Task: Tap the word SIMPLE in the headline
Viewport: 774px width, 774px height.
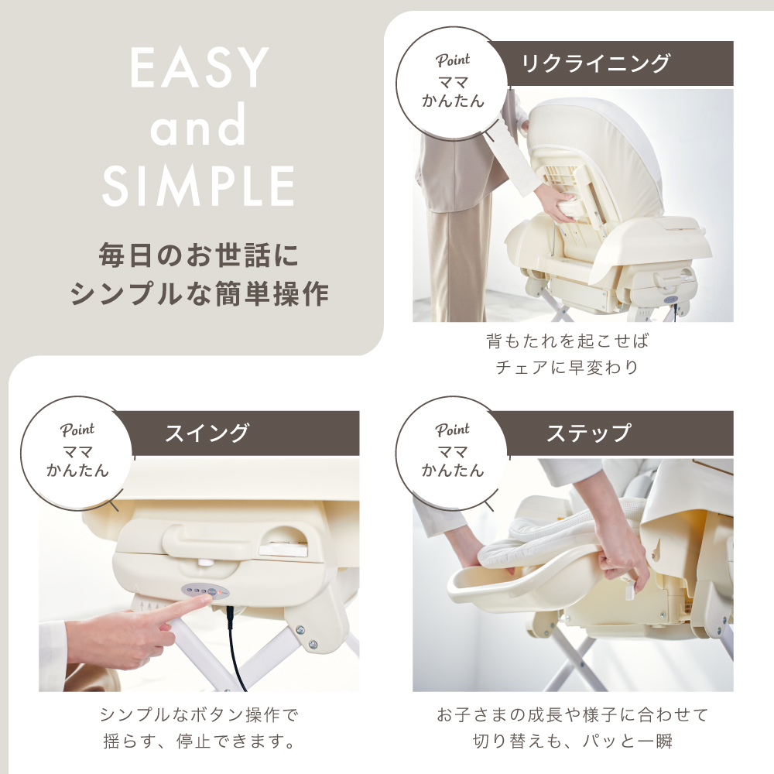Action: pos(198,186)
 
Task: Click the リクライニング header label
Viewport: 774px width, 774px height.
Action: pos(596,63)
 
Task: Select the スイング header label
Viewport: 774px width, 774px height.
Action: pos(207,433)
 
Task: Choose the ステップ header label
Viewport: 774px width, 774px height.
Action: pos(588,433)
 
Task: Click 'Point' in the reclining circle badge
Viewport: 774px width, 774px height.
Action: pos(453,60)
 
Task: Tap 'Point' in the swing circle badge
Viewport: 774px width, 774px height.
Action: pos(77,430)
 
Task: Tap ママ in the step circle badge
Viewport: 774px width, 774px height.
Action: pos(453,451)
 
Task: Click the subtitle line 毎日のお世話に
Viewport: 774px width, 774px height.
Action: pos(198,255)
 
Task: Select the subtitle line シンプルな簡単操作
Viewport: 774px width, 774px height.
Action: pos(199,293)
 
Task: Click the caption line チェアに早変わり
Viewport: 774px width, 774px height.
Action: pos(567,367)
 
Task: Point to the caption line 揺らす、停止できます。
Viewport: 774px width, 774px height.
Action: pos(200,741)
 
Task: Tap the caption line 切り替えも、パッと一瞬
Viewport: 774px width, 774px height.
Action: pos(573,741)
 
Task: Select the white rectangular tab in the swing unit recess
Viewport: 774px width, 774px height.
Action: pos(280,547)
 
